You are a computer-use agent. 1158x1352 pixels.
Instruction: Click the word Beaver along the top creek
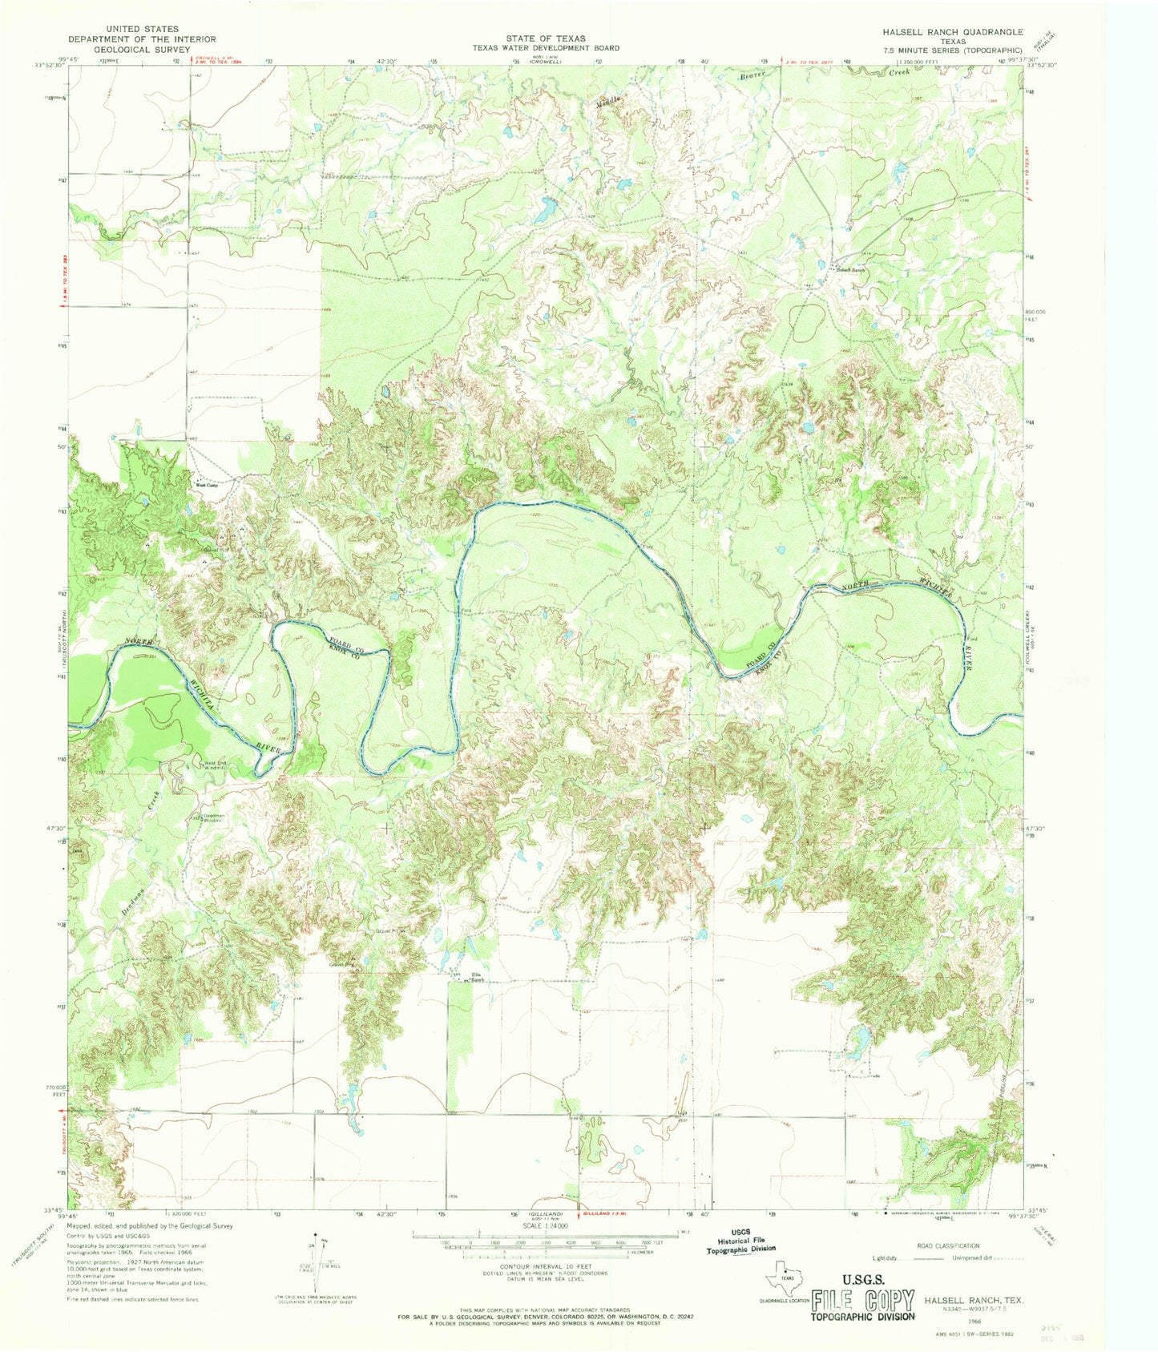click(x=752, y=75)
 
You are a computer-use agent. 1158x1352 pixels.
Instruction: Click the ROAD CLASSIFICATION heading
click(x=948, y=1245)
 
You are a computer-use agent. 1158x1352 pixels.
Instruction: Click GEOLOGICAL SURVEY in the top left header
click(x=141, y=49)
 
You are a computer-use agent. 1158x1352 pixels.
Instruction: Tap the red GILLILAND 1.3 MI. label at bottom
click(x=614, y=1216)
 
